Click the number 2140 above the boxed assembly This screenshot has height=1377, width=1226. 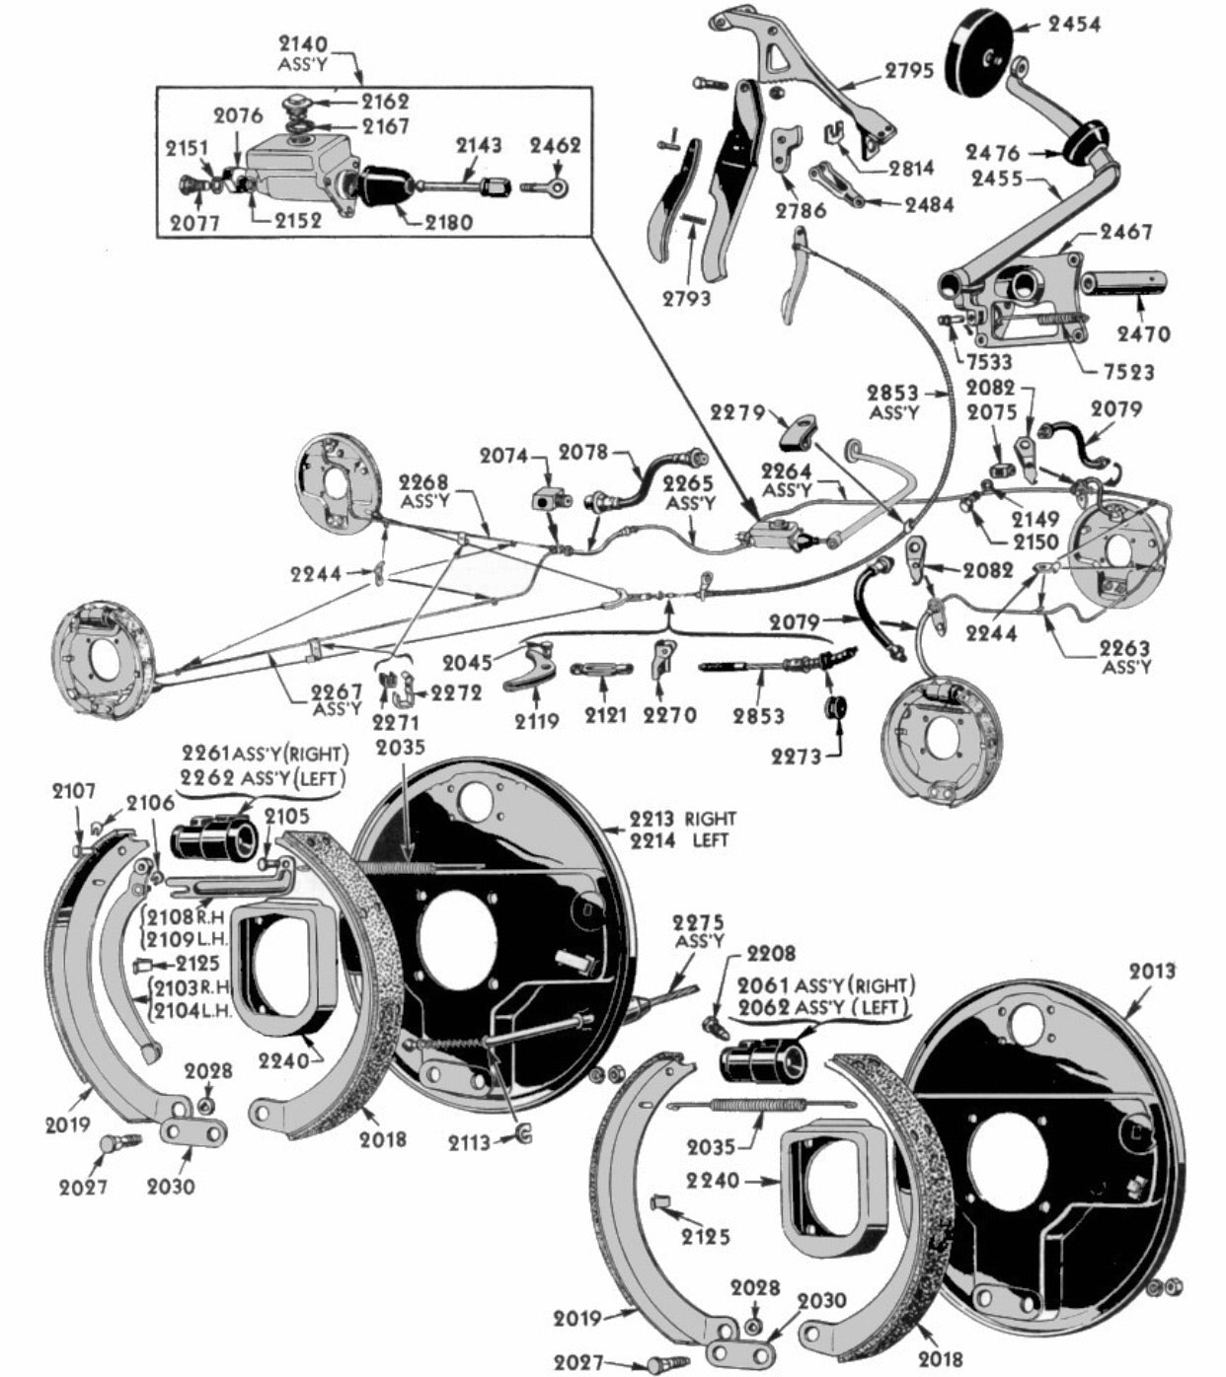coord(302,43)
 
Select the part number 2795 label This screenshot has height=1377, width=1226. coord(908,71)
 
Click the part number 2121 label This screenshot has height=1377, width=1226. coord(605,715)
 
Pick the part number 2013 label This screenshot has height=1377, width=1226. coord(1152,972)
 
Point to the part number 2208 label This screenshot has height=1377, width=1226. coord(771,953)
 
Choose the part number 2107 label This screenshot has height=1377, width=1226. coord(75,790)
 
